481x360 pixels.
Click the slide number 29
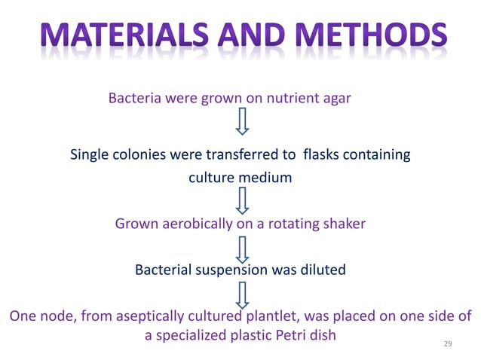448,343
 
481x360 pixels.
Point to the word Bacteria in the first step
134,98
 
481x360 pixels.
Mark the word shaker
344,224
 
